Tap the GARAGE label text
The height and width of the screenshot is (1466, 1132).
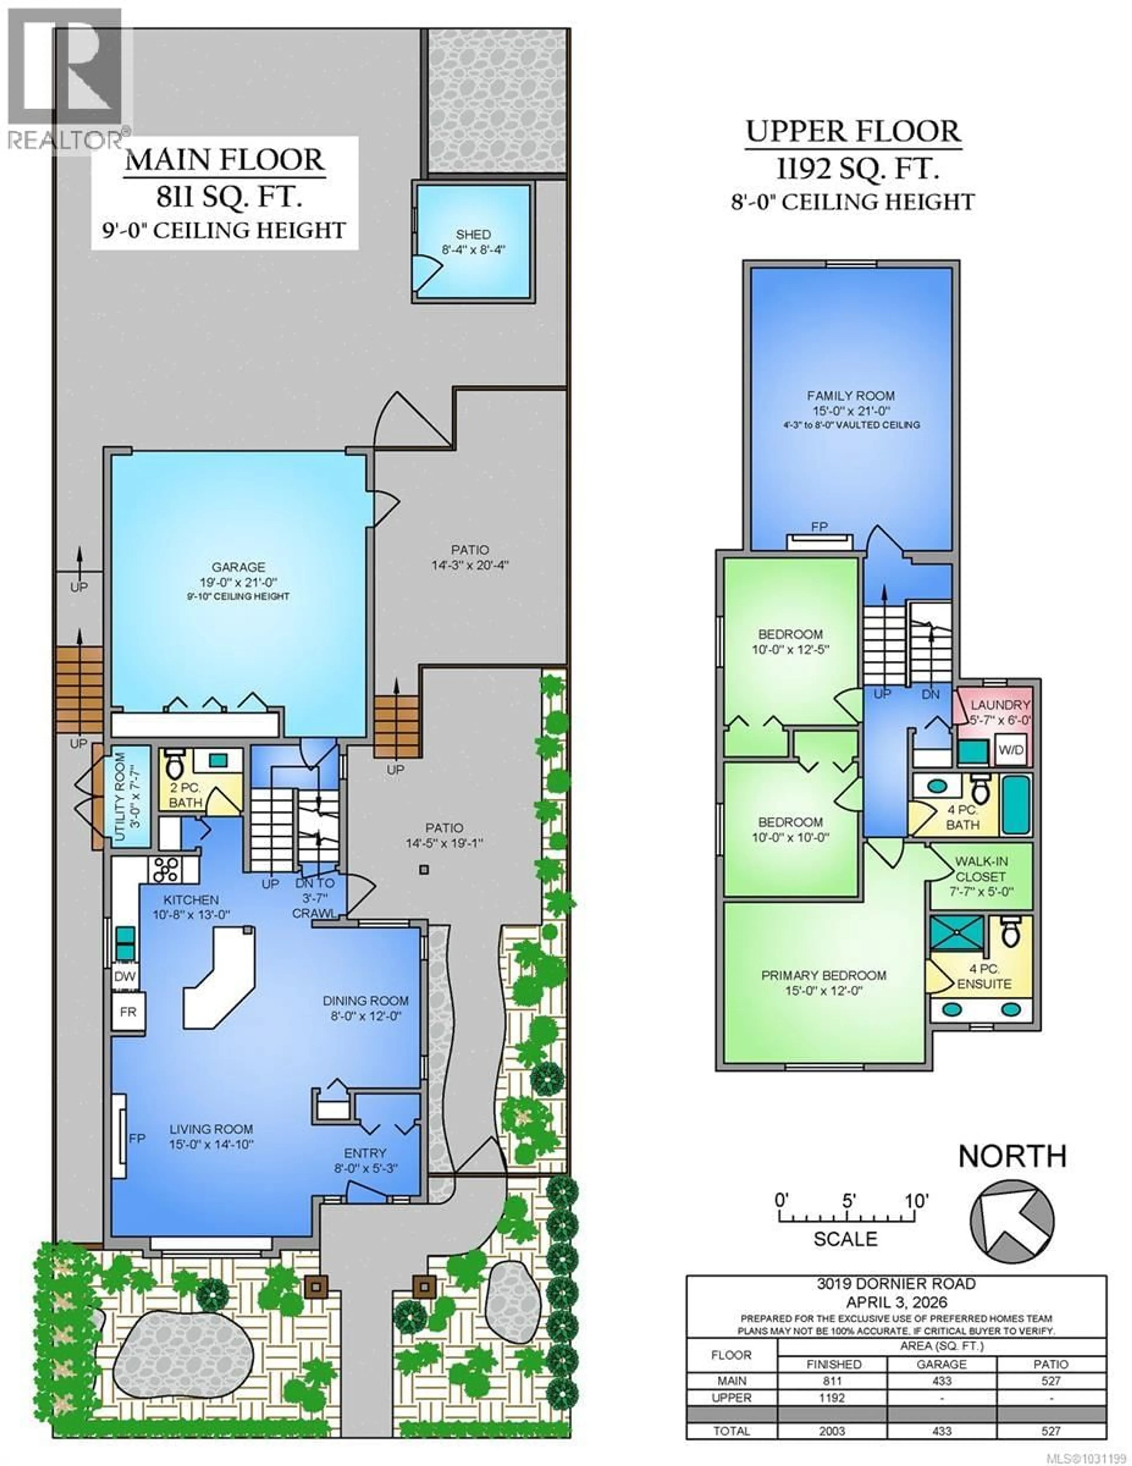click(x=238, y=567)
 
